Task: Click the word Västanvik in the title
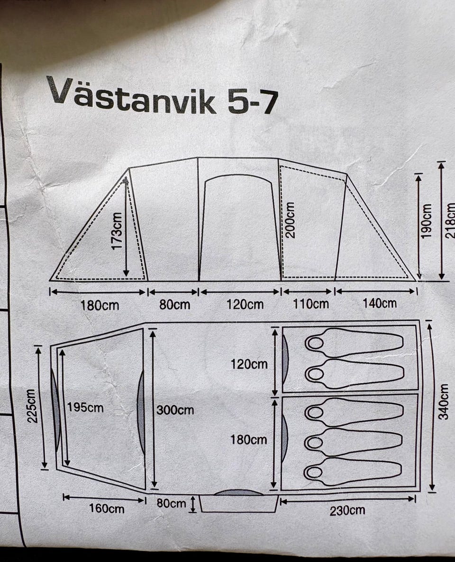pos(131,95)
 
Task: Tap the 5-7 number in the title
pos(253,102)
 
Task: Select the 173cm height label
pos(117,231)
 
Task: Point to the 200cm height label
pos(290,220)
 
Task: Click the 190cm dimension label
pos(426,221)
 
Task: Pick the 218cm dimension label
pos(450,221)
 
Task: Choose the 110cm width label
pos(311,304)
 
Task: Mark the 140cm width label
pos(379,303)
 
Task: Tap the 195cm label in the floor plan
pos(85,408)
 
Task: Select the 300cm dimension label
pos(175,410)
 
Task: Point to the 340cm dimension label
pos(444,401)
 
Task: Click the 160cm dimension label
pos(107,508)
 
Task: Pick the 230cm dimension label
pos(347,510)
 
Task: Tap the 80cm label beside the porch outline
pos(171,503)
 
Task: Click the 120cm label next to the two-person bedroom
pos(249,364)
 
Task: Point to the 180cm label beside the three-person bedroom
pos(248,440)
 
